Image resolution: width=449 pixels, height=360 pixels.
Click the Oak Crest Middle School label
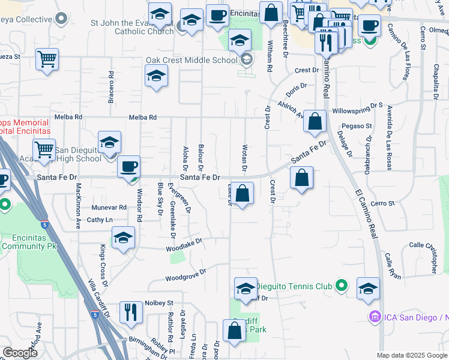[191, 61]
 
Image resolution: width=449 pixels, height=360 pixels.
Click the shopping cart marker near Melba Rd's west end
[47, 60]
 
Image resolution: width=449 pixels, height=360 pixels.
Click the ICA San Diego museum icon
[375, 316]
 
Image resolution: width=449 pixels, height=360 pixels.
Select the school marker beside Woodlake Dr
[123, 238]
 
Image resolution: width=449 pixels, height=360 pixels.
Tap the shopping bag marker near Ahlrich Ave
[315, 122]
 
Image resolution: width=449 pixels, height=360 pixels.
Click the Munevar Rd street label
[109, 207]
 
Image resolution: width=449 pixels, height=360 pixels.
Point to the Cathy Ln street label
[100, 220]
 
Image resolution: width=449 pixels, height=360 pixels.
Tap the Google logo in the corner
[20, 353]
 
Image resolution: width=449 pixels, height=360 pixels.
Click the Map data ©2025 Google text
[412, 355]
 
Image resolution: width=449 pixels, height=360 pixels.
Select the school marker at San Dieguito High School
[109, 143]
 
